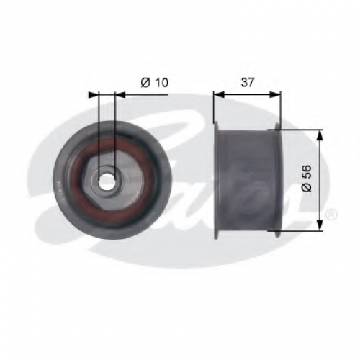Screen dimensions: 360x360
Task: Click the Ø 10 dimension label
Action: (x=155, y=83)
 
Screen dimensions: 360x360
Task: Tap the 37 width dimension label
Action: (x=248, y=83)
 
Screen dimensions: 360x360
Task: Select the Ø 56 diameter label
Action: (x=307, y=178)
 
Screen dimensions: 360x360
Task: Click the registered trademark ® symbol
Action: (x=332, y=215)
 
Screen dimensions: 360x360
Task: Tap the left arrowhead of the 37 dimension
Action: (x=219, y=94)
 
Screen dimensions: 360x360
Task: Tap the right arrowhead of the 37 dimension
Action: (x=275, y=94)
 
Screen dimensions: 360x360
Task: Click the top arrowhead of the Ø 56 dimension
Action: (x=319, y=135)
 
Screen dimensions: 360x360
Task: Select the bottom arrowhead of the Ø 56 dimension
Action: (x=319, y=225)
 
